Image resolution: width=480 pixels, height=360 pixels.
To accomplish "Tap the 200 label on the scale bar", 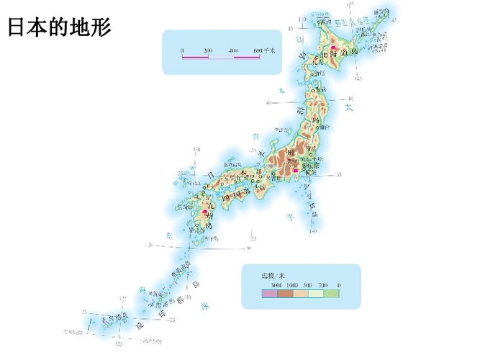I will tap(207, 50).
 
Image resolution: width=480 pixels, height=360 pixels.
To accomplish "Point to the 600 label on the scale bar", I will tap(257, 50).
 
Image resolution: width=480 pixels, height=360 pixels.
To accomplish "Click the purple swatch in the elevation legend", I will tap(269, 294).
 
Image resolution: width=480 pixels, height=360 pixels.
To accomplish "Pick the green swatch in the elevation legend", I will tap(332, 294).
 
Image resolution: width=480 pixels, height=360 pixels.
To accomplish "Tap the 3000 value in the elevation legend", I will tap(268, 286).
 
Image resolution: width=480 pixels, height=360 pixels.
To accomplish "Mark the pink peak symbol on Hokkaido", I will tap(334, 44).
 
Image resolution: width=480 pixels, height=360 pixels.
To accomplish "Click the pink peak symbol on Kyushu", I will tap(207, 212).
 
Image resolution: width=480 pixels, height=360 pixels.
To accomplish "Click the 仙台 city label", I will tap(325, 127).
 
